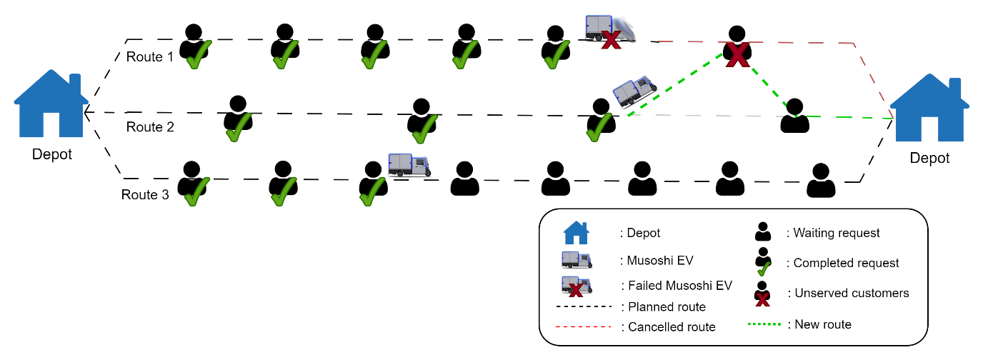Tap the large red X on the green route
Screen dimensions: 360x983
pos(737,55)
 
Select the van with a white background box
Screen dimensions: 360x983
pos(409,165)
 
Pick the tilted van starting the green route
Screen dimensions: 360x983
pos(634,91)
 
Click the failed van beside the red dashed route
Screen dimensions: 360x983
pos(609,31)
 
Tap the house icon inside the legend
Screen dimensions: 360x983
pos(577,233)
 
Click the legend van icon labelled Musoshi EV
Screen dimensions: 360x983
pos(577,260)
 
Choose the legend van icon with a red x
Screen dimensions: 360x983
pos(577,286)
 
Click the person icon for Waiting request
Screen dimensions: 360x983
pos(763,232)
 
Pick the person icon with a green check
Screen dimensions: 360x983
pos(763,262)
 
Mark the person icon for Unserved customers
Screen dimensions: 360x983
pos(763,294)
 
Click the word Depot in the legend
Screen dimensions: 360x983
pos(643,233)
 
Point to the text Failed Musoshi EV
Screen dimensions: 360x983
pos(679,286)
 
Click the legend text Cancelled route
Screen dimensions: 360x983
pos(672,327)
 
